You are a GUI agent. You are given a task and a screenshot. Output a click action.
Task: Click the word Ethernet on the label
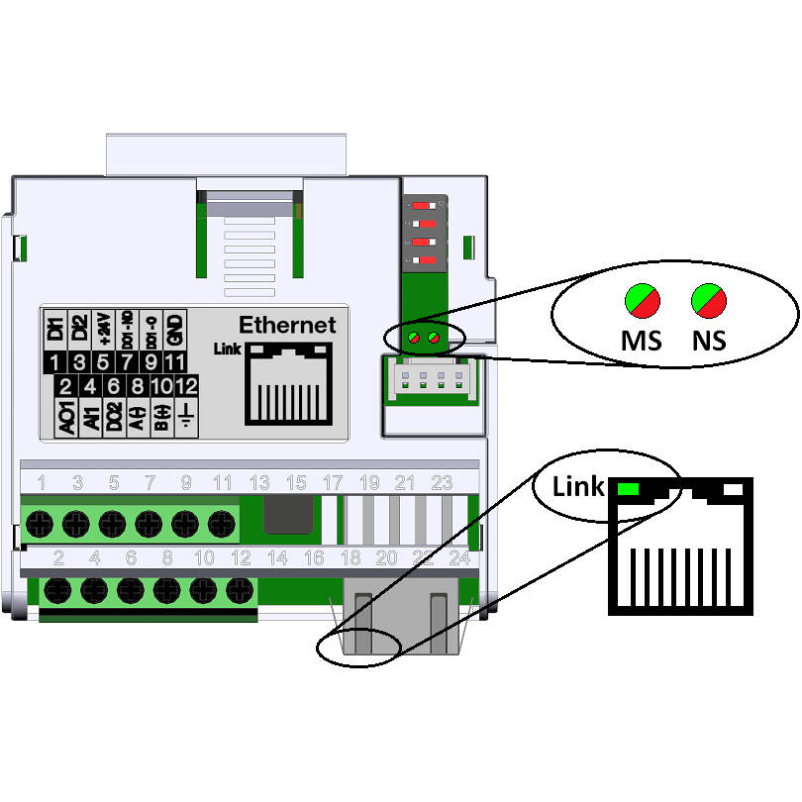point(287,325)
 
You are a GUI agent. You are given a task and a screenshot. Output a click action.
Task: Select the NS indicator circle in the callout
point(709,300)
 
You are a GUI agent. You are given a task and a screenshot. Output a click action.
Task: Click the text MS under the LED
point(641,340)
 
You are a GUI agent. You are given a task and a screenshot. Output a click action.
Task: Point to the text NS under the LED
point(709,340)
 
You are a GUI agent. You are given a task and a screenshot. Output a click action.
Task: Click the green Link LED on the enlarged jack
point(627,489)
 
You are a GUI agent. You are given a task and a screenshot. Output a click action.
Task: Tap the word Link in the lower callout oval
point(577,487)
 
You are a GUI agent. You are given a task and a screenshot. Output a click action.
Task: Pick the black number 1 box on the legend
point(58,362)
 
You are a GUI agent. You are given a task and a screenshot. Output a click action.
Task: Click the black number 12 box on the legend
point(187,386)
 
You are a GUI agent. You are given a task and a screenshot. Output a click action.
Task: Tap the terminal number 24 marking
point(458,557)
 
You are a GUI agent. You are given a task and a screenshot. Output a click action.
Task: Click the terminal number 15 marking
point(296,483)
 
